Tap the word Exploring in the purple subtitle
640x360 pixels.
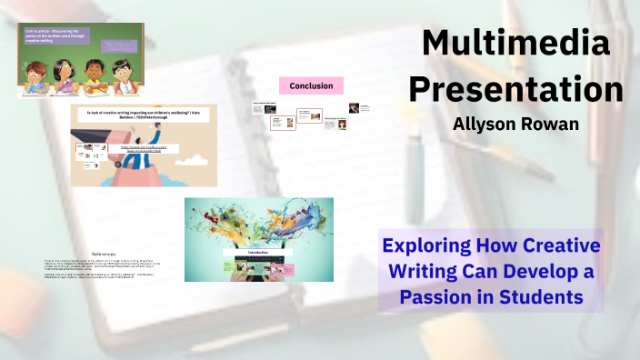[426, 245]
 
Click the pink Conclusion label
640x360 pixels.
[310, 86]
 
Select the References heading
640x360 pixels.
[109, 254]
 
